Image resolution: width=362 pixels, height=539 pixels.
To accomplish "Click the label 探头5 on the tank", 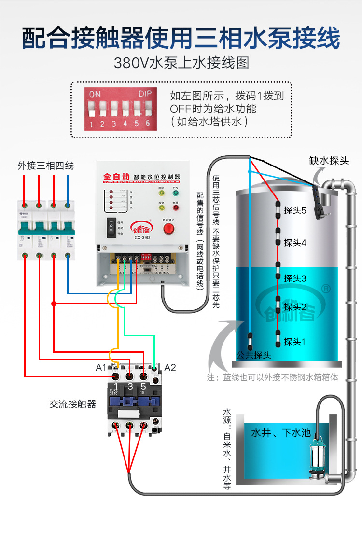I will (295, 210).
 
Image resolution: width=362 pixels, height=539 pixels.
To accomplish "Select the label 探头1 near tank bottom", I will (295, 342).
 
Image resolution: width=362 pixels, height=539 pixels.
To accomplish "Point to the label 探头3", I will (295, 278).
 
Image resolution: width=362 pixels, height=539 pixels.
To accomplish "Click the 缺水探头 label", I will (329, 160).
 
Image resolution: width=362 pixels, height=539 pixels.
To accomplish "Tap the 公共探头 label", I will (253, 355).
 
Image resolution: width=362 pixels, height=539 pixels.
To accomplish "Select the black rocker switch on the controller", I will (112, 227).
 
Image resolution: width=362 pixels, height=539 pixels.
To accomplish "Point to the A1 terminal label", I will (101, 368).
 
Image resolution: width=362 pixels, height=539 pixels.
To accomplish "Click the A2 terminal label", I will (170, 368).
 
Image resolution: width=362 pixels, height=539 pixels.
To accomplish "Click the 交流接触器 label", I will (73, 404).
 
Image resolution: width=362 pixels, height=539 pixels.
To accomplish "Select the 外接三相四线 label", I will (46, 166).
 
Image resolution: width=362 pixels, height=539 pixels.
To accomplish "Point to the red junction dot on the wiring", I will (54, 304).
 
